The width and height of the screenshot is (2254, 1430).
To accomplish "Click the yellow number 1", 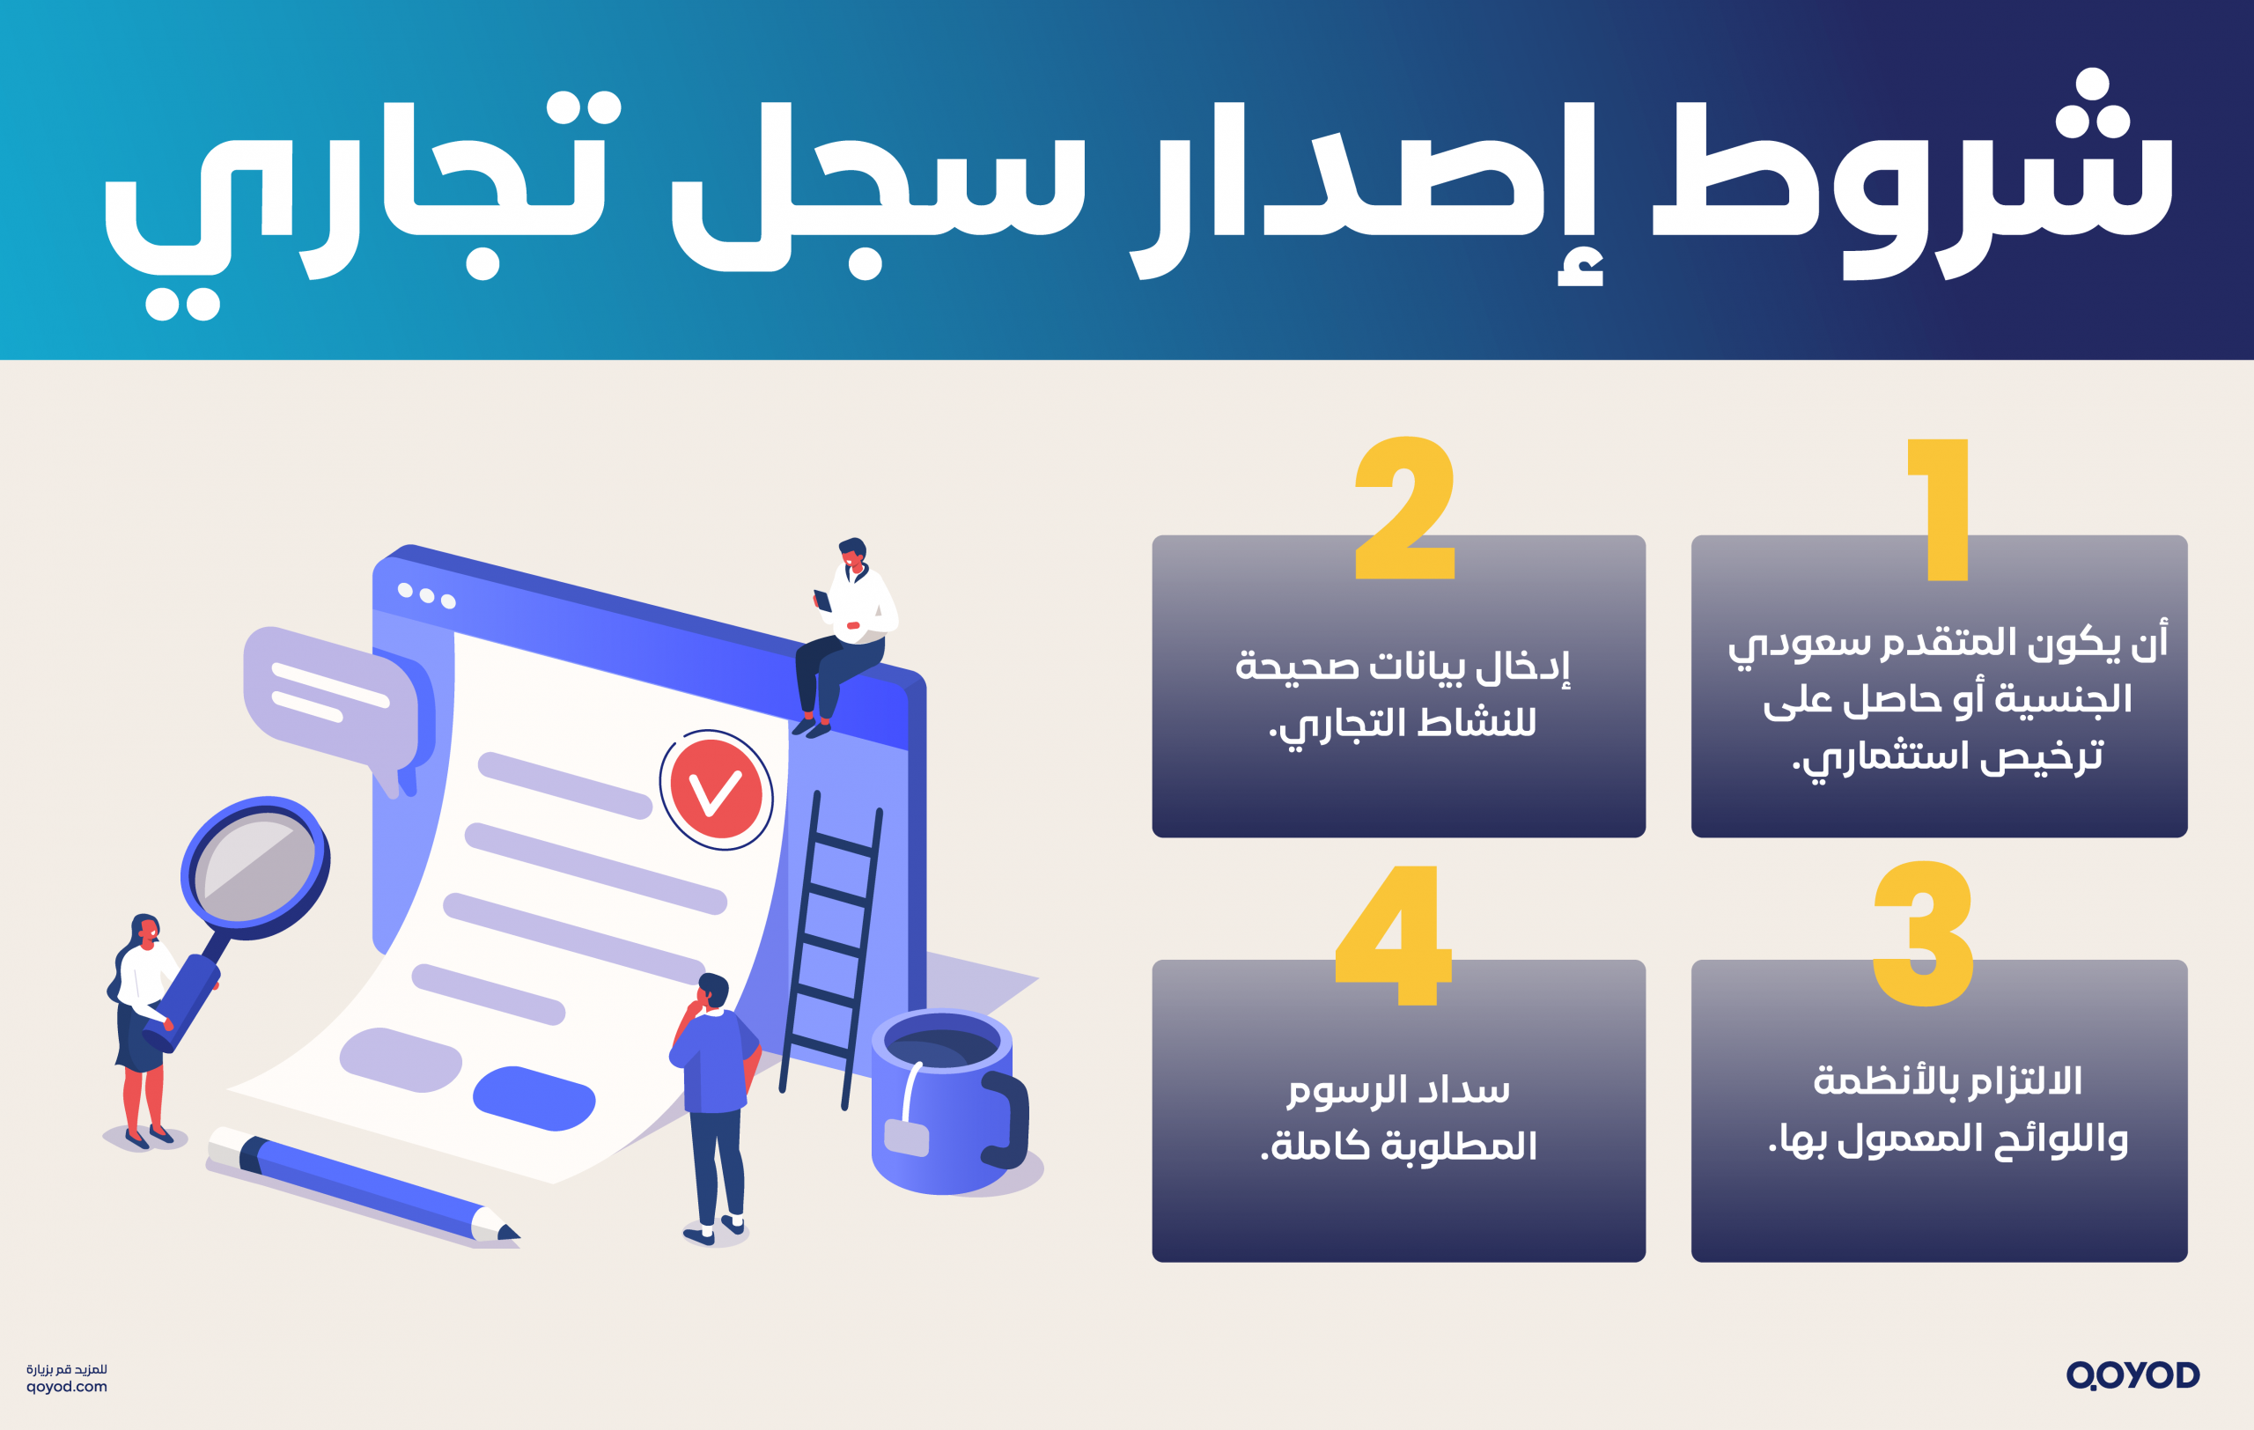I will coord(1944,510).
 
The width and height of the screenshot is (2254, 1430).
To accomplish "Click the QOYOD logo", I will coord(2132,1375).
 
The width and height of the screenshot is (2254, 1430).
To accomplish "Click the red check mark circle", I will coord(716,790).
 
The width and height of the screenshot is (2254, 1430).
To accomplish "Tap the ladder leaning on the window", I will coord(831,945).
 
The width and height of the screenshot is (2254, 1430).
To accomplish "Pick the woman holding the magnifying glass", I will coord(143,1029).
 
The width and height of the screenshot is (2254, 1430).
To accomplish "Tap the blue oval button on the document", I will coord(534,1098).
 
